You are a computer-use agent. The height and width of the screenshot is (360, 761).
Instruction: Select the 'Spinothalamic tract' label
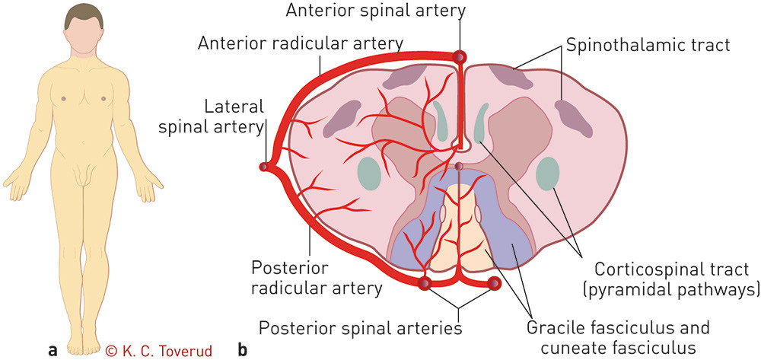tap(647, 45)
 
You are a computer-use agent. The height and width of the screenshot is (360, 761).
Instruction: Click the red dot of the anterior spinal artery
tap(459, 56)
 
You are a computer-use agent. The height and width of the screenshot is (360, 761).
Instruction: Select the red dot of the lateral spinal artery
tap(264, 167)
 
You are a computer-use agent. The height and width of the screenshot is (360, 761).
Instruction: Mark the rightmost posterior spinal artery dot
tap(494, 285)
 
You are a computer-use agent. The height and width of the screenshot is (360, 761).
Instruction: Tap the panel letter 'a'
tap(53, 351)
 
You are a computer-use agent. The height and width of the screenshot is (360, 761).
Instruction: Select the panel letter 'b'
tap(242, 351)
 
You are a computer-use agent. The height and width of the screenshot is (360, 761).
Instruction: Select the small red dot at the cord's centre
tap(459, 166)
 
